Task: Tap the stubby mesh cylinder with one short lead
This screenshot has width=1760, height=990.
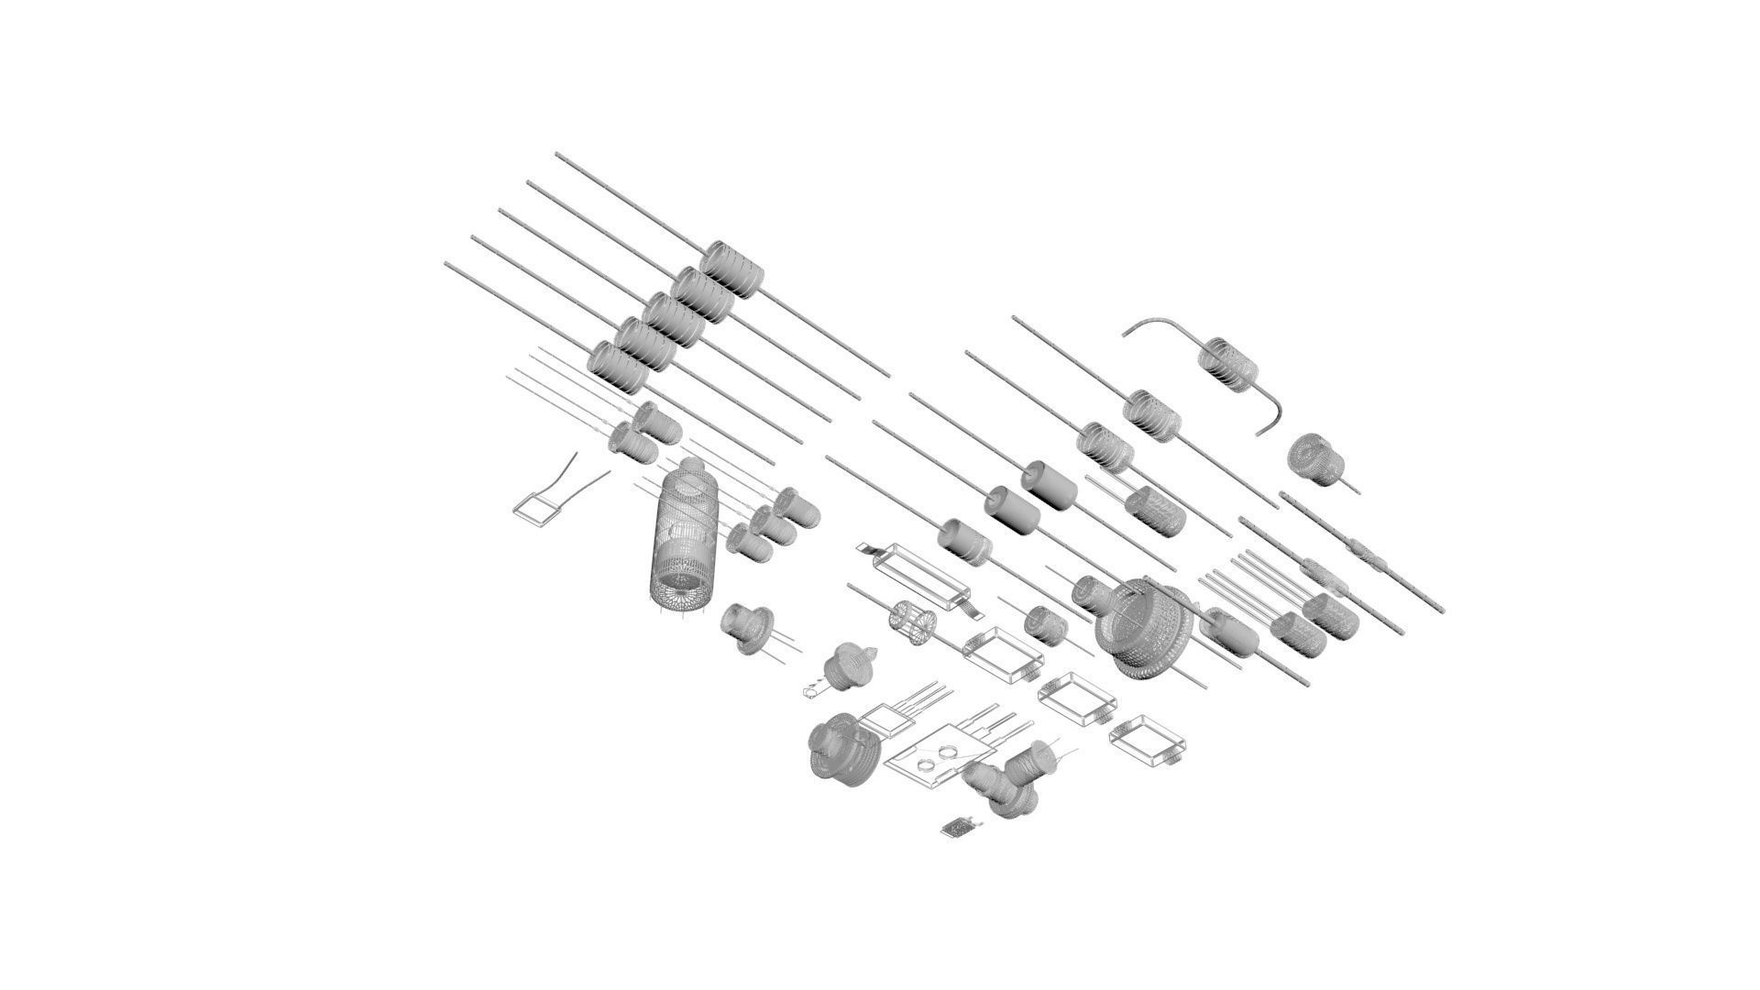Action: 1315,456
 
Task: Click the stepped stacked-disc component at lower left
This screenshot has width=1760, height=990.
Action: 843,750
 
